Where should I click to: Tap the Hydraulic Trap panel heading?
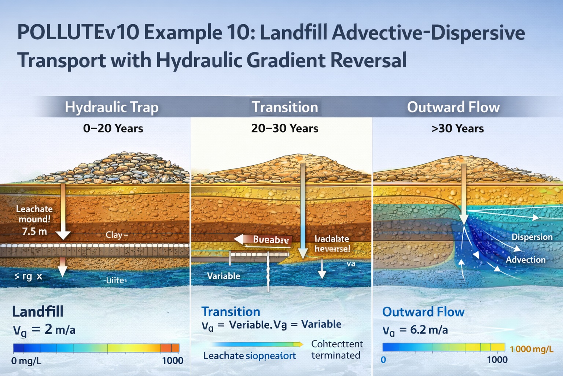(111, 107)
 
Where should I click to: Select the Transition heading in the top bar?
(285, 107)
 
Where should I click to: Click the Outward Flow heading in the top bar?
(453, 107)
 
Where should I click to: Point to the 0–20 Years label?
(113, 129)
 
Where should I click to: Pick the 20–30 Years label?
(284, 129)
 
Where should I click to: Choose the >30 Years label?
(457, 129)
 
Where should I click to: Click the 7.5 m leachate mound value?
(34, 231)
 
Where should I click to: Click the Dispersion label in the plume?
(532, 237)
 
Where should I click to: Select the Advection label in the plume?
(526, 260)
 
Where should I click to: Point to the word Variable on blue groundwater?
(224, 276)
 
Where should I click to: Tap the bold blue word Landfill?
(38, 312)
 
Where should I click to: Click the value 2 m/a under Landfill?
(60, 329)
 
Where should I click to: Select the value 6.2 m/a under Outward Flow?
(429, 330)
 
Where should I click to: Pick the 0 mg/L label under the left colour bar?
(26, 361)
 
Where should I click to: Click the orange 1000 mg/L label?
(531, 349)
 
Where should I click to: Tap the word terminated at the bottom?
(335, 355)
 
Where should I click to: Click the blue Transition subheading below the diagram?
(231, 312)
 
